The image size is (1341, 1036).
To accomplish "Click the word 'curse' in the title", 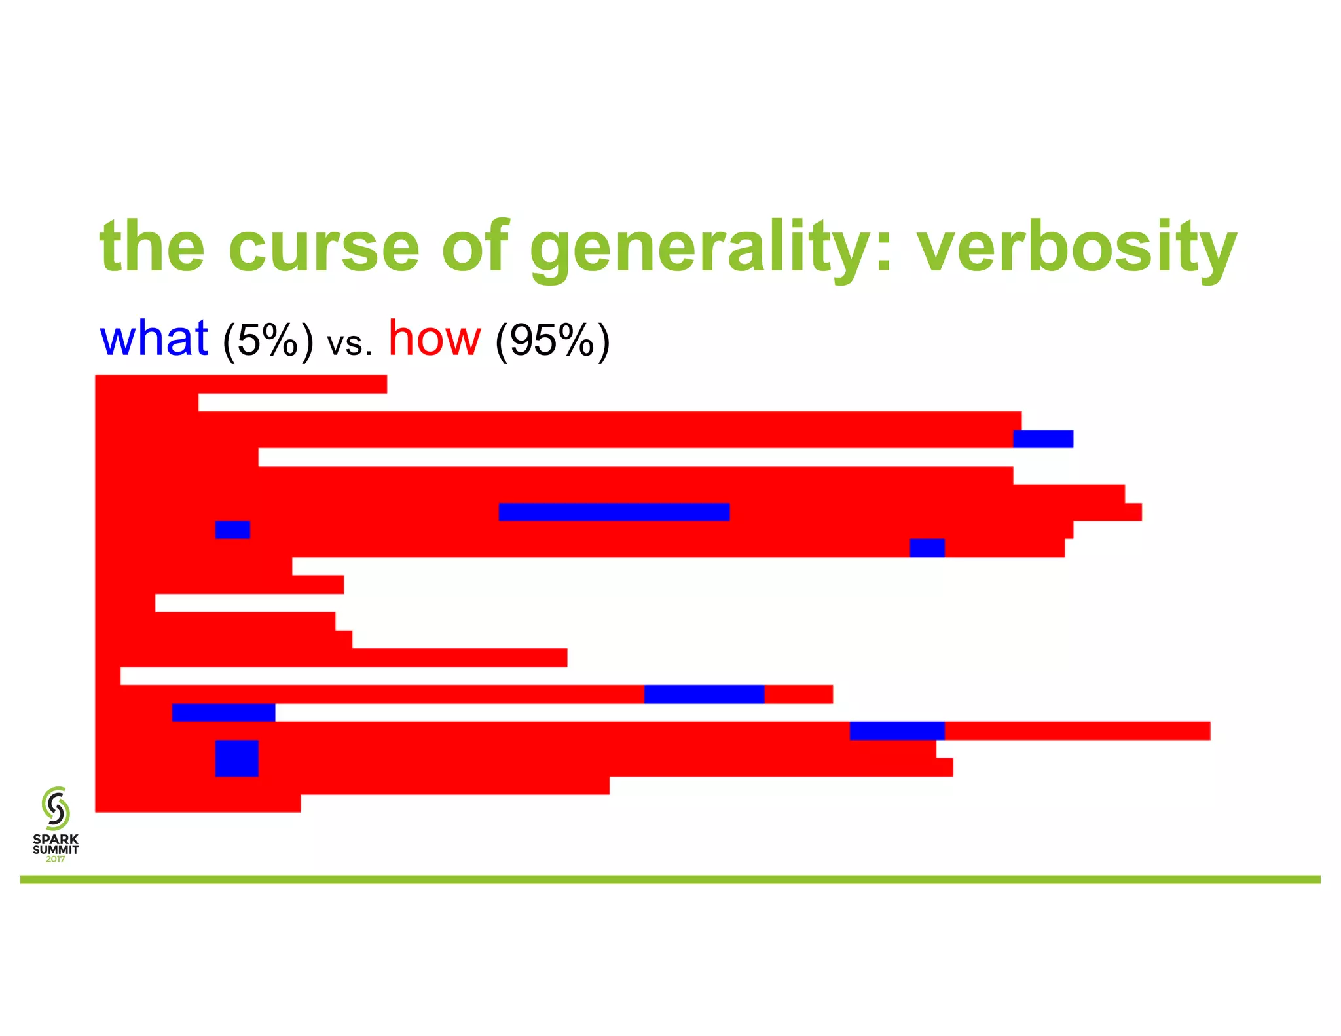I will coord(323,248).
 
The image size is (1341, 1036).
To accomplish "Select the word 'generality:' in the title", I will coord(710,248).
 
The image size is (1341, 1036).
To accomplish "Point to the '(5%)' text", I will coord(268,341).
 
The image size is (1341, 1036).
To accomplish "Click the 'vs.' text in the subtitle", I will coord(350,343).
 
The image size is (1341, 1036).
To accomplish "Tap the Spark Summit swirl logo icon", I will coord(56,809).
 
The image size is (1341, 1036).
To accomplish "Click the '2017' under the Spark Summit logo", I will coord(56,859).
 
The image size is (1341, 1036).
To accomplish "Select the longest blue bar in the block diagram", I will coord(614,511).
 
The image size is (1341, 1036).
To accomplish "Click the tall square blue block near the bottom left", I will coord(236,758).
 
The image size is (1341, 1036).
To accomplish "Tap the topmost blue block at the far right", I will coord(1042,439).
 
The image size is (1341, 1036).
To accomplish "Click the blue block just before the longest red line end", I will coord(896,731).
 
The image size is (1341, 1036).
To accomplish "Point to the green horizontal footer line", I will coord(670,879).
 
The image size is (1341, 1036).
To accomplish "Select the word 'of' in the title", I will coord(475,248).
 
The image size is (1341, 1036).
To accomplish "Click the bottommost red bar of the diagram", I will coord(197,804).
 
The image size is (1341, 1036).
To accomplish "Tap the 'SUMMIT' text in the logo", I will coord(56,849).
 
